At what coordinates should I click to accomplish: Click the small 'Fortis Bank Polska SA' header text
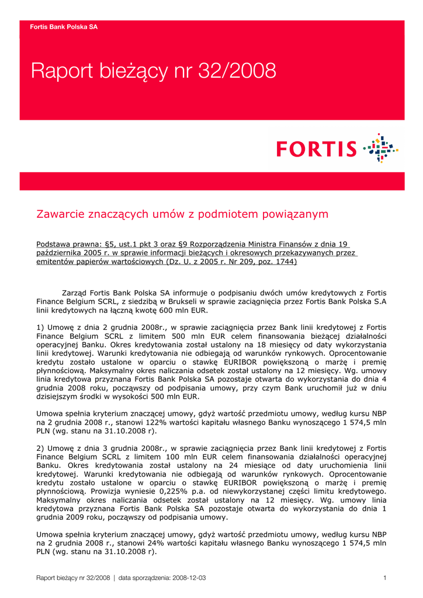point(64,27)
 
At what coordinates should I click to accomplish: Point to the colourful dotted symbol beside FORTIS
point(380,147)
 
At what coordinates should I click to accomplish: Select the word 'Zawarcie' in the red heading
point(60,214)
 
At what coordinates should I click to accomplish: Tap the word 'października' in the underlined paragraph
point(64,253)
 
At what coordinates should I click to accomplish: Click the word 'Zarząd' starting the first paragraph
point(76,293)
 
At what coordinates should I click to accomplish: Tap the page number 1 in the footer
point(385,578)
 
